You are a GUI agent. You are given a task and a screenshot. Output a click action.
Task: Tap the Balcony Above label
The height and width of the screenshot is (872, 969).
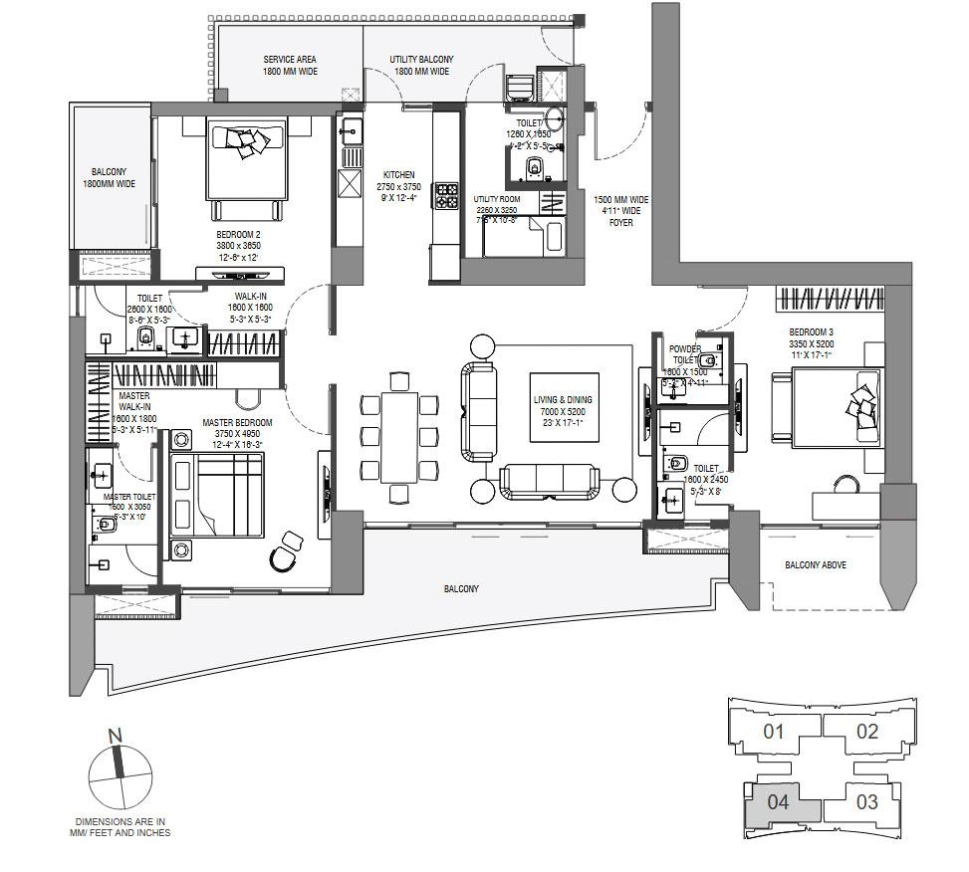pos(816,565)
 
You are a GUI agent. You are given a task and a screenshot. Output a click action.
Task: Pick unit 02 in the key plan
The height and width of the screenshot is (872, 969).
pos(867,732)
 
